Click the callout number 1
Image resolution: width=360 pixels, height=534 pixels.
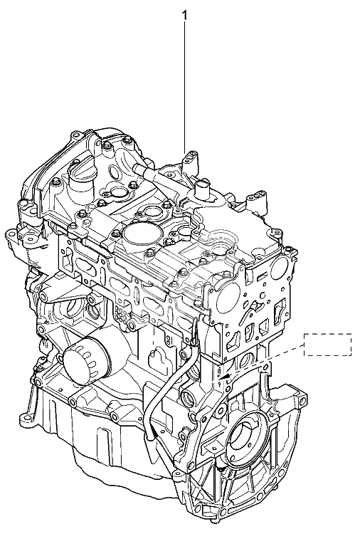point(185,15)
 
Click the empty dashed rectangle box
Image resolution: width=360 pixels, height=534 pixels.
point(328,345)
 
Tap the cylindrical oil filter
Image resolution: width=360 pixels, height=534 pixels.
point(86,361)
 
